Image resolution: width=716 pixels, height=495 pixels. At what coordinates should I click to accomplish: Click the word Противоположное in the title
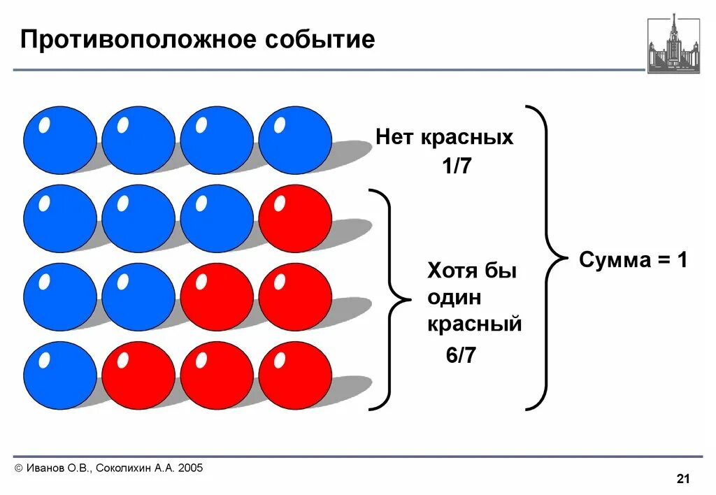click(x=137, y=39)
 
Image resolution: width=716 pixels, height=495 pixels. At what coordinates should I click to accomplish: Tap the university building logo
click(x=673, y=43)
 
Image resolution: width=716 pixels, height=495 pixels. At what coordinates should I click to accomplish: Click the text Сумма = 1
click(x=633, y=261)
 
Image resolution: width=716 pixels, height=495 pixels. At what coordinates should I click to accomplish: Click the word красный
click(x=475, y=324)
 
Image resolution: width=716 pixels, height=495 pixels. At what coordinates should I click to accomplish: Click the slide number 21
click(x=683, y=479)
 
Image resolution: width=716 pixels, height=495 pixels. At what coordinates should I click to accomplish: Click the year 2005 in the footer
click(x=190, y=468)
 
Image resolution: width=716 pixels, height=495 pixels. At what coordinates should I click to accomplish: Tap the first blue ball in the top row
click(x=60, y=140)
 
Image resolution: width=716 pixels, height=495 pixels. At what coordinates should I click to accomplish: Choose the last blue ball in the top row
click(x=295, y=140)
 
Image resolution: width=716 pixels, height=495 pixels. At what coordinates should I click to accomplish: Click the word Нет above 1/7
click(x=395, y=137)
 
